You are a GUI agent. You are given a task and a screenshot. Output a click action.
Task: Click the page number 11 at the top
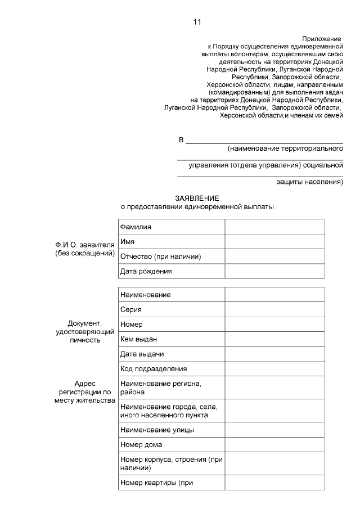(196, 22)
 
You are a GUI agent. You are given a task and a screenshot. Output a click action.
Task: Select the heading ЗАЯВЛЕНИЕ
(197, 199)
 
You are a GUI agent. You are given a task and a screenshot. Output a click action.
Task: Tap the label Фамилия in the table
(136, 227)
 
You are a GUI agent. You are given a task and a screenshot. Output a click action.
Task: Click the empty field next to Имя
(274, 241)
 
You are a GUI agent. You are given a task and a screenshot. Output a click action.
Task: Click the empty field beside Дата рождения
(274, 271)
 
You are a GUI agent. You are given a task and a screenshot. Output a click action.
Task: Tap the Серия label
(131, 309)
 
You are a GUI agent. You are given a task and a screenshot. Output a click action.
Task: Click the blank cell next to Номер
(274, 324)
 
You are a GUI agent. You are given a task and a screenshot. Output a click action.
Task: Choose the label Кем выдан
(138, 339)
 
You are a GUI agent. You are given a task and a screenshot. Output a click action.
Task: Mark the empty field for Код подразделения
(274, 368)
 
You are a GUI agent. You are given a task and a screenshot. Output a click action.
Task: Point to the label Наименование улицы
(157, 430)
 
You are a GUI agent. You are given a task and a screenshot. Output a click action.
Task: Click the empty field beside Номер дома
(274, 444)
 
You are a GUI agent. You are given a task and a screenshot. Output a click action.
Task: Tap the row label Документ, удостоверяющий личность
(85, 331)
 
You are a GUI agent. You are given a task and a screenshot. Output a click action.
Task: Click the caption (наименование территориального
(285, 149)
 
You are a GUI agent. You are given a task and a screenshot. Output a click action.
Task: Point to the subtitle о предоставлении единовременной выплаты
(197, 207)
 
